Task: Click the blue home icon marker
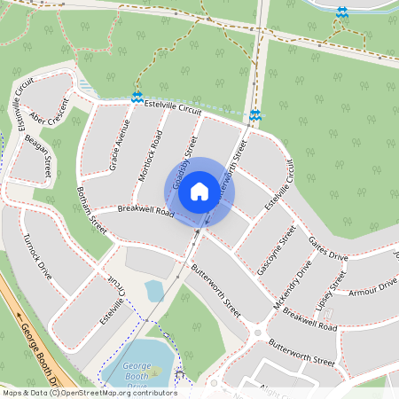coord(199,191)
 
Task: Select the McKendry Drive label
coord(293,284)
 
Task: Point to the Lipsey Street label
coord(337,286)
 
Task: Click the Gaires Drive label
coord(327,247)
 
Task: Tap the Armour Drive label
coord(372,286)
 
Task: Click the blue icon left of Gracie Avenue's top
coord(137,98)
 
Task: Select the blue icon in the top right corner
coord(342,12)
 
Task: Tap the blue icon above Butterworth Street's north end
coord(254,115)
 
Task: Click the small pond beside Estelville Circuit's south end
coord(154,291)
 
